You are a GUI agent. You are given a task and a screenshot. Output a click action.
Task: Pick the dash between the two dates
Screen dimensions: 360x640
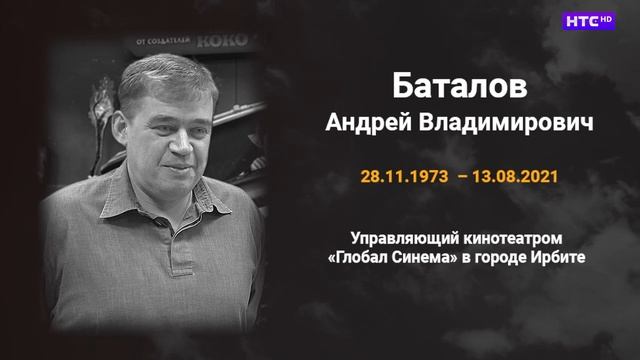[461, 175]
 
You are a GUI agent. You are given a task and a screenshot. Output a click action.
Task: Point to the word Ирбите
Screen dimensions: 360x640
[556, 259]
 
